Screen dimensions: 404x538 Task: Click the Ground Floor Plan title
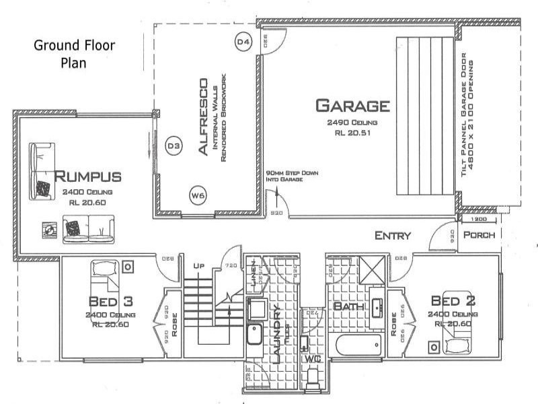(75, 54)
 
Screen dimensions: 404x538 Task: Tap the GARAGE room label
(352, 106)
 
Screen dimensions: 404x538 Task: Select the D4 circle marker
(243, 42)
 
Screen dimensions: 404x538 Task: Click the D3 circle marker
(174, 145)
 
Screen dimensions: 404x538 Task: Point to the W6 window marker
(197, 195)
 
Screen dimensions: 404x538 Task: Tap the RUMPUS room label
(87, 177)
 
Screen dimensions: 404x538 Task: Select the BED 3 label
(110, 300)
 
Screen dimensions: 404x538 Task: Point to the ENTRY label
(393, 236)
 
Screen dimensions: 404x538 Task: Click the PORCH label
(479, 236)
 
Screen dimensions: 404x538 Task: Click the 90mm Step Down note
(291, 176)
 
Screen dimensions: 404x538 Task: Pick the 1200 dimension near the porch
(479, 220)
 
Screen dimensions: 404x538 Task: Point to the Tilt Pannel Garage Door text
(469, 117)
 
